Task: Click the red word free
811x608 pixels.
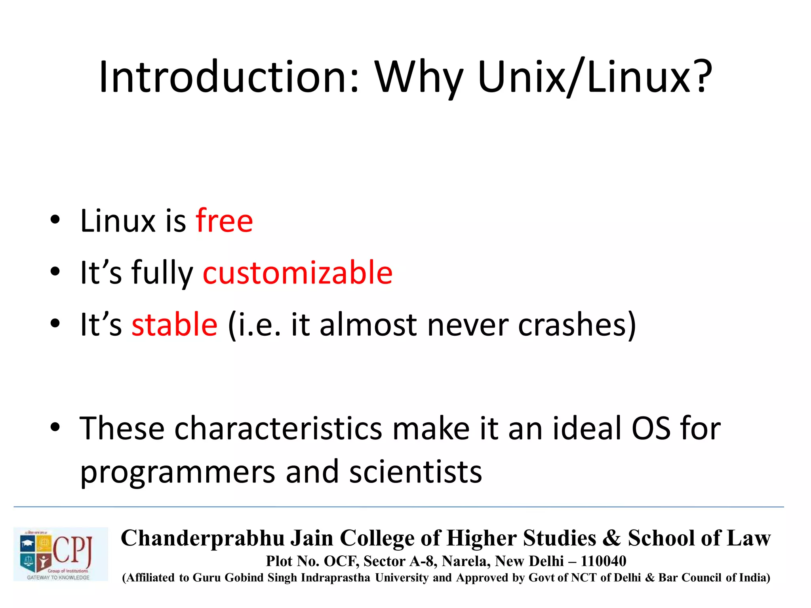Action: [224, 220]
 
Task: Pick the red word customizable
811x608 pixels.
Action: [297, 273]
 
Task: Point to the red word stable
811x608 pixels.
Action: [174, 325]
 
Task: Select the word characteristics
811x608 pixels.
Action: [278, 429]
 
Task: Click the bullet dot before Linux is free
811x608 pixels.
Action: [55, 220]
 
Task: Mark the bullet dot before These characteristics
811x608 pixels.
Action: [55, 427]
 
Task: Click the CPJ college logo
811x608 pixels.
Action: [61, 554]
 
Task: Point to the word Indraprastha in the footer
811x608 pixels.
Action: [335, 578]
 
